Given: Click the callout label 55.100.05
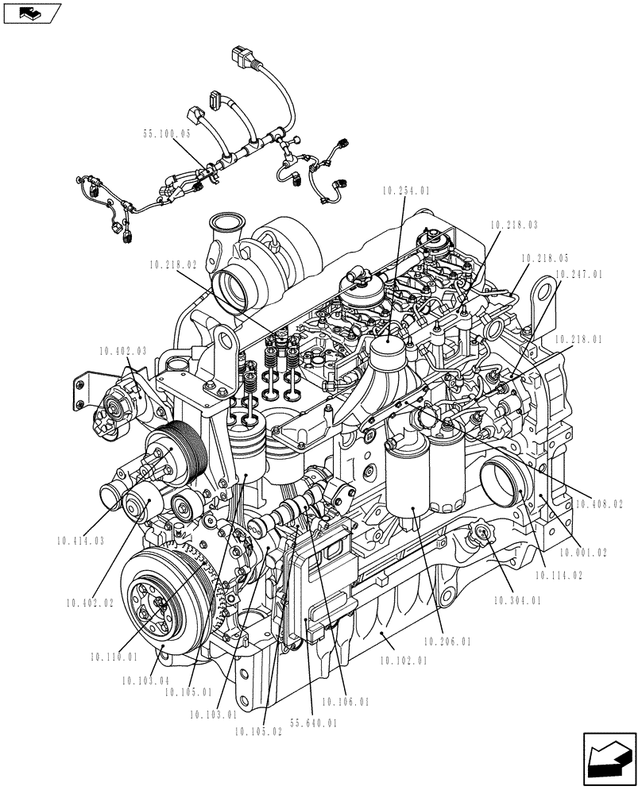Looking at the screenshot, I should [167, 135].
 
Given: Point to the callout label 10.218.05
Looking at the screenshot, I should [545, 258].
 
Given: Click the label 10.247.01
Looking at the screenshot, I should [579, 274].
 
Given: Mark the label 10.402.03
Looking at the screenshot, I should [123, 350].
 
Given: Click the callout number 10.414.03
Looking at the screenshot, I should [80, 541].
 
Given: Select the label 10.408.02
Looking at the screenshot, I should [599, 503].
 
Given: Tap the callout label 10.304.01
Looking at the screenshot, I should [517, 601].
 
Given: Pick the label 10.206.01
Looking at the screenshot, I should [447, 642].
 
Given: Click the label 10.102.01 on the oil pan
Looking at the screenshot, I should [404, 659].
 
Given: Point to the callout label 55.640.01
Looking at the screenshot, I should [313, 723].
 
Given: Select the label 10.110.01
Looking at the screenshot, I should [114, 657].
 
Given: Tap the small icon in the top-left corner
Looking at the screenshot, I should [31, 12].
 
